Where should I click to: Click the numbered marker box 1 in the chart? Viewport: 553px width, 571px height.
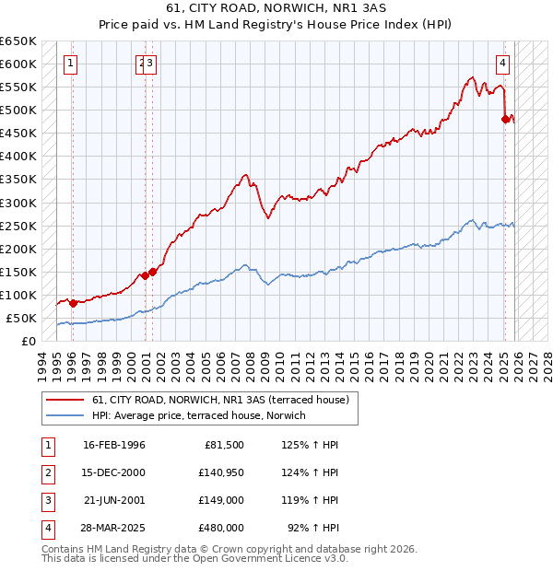pos(71,64)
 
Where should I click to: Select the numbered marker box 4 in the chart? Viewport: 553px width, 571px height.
pos(502,64)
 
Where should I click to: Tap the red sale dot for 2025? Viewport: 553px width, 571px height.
pos(505,119)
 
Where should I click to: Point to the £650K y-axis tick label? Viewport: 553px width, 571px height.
pos(18,41)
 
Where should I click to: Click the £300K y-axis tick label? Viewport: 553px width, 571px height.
pos(18,203)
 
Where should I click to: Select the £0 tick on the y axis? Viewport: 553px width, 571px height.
pos(29,341)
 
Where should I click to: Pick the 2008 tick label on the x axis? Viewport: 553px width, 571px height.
pos(252,363)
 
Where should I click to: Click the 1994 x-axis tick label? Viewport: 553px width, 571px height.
pos(42,363)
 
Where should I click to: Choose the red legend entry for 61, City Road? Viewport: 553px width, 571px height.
pos(220,400)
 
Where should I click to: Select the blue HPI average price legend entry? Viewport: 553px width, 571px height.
pos(204,416)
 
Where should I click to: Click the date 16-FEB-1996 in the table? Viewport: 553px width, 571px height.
pos(113,445)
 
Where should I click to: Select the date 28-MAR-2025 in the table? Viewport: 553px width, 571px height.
pos(113,528)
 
